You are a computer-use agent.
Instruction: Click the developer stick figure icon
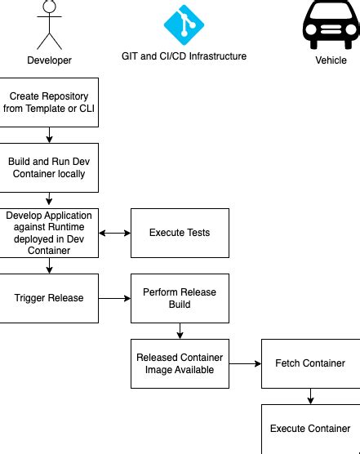[x=50, y=24]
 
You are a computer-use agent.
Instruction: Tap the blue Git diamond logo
[x=184, y=24]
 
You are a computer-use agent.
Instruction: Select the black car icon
[x=331, y=24]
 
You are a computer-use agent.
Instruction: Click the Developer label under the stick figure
[x=50, y=60]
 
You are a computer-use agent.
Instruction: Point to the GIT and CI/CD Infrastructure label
[x=184, y=56]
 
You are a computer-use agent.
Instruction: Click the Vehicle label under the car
[x=331, y=60]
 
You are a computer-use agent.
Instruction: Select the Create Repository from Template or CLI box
[x=49, y=102]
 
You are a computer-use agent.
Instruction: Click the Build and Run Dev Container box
[x=49, y=167]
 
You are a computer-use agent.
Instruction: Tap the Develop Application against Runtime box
[x=49, y=233]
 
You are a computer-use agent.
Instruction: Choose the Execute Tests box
[x=180, y=233]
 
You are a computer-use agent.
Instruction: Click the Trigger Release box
[x=49, y=298]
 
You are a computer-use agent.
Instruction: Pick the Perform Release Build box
[x=180, y=298]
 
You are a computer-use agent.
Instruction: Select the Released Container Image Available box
[x=180, y=363]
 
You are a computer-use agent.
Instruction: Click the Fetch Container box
[x=310, y=363]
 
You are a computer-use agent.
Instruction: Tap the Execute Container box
[x=310, y=429]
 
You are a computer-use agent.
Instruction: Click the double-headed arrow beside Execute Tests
[x=114, y=233]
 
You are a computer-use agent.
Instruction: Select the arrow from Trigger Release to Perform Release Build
[x=114, y=298]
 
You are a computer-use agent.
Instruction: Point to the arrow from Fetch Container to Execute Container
[x=310, y=396]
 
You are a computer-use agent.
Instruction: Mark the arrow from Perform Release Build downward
[x=180, y=331]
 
